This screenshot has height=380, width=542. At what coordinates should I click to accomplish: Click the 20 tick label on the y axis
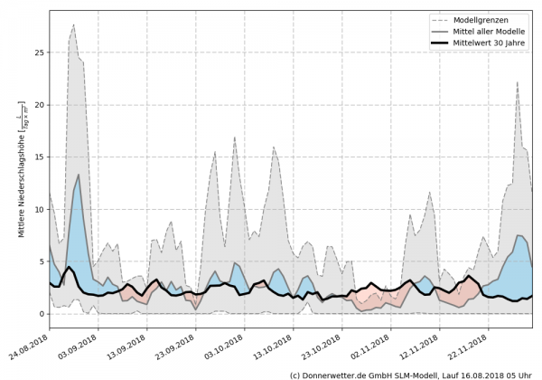pyautogui.click(x=36, y=105)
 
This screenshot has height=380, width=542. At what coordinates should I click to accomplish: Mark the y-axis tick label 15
pyautogui.click(x=36, y=157)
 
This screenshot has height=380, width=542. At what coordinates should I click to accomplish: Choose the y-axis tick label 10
pyautogui.click(x=36, y=210)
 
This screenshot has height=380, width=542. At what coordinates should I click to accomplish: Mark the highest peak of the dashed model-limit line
pyautogui.click(x=73, y=25)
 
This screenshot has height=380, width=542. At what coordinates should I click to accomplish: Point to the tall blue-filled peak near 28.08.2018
pyautogui.click(x=79, y=176)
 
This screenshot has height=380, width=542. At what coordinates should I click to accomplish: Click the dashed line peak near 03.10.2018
pyautogui.click(x=235, y=138)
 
